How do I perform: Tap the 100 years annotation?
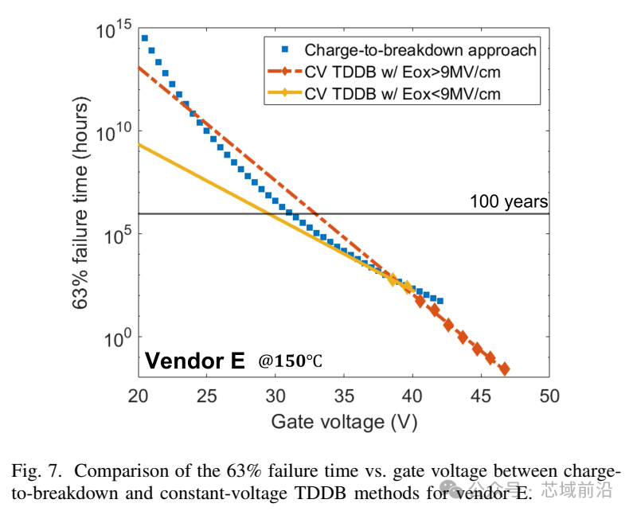point(508,202)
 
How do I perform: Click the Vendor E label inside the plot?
point(194,361)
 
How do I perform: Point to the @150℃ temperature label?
point(290,361)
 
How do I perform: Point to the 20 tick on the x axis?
point(139,395)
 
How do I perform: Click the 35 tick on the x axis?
point(344,395)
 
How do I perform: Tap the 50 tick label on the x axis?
point(549,395)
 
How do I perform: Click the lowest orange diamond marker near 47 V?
point(504,369)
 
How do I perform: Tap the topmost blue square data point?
point(144,37)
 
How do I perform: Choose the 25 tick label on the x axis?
point(207,395)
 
